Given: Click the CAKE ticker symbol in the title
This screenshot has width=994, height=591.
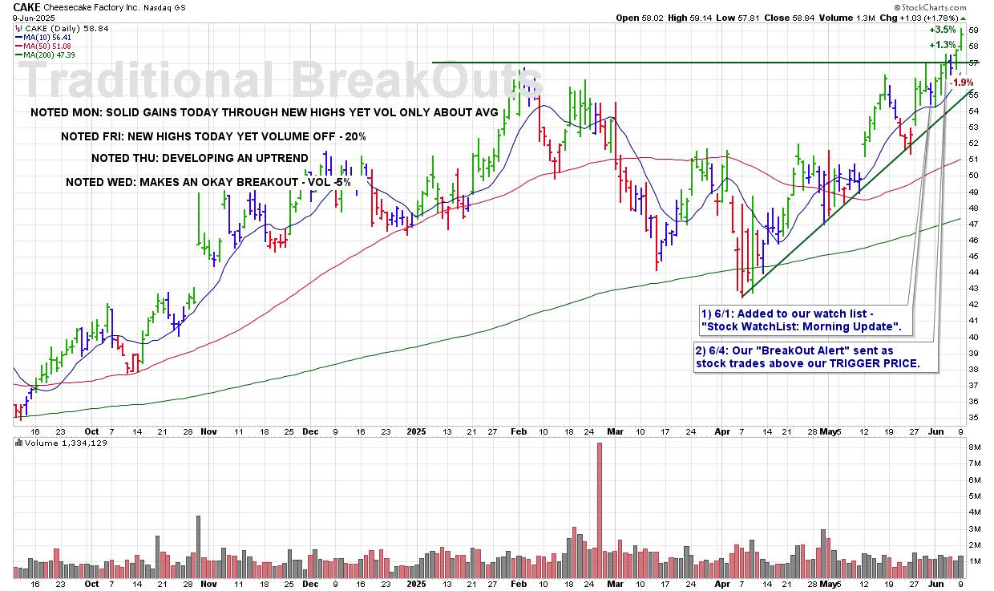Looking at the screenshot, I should click(x=26, y=6).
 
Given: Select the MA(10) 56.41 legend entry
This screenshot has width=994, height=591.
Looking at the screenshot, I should click(x=52, y=36).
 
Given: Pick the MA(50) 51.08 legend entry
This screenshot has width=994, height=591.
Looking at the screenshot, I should click(x=52, y=45).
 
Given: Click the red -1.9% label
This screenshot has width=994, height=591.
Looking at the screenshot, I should click(x=960, y=83).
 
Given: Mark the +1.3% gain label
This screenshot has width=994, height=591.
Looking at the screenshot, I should click(x=943, y=45).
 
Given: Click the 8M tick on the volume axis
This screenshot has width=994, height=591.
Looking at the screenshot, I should click(x=974, y=447).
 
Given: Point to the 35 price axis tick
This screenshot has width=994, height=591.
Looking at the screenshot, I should click(x=973, y=417).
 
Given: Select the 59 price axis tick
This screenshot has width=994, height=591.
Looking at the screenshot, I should click(x=973, y=30).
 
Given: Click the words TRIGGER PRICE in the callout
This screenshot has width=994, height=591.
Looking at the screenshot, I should click(x=882, y=364).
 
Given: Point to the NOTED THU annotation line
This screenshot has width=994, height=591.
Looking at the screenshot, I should click(x=200, y=159).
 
